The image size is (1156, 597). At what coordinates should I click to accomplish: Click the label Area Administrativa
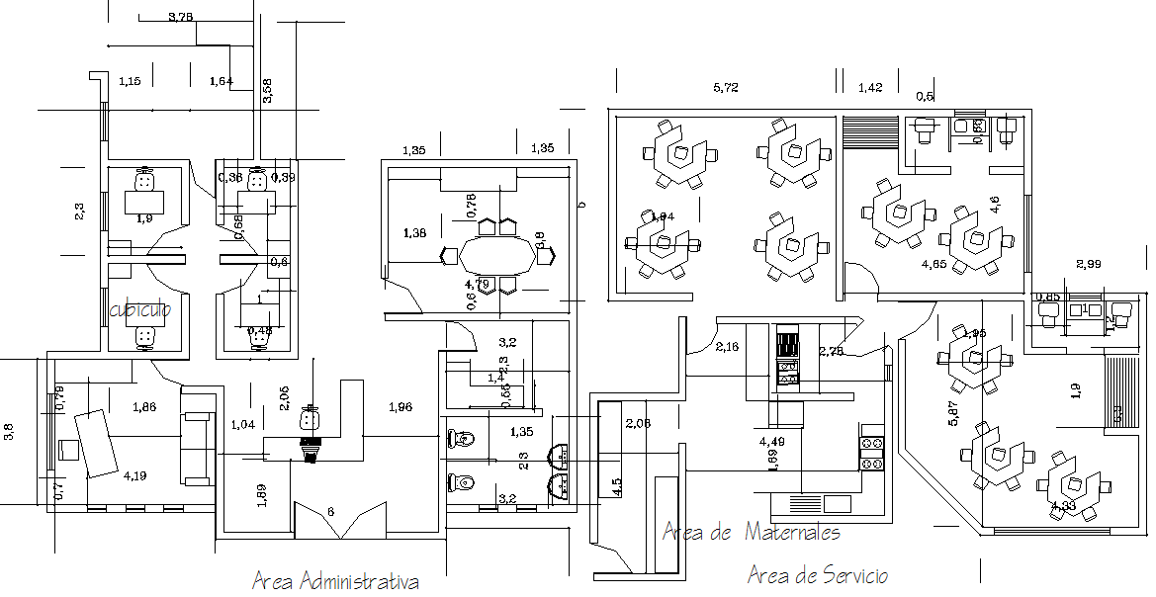(x=335, y=581)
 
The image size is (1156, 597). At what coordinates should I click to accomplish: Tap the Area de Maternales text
(x=752, y=533)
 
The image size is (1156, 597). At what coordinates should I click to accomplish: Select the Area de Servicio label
(x=818, y=575)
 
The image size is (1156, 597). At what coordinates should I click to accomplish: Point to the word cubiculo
(x=140, y=309)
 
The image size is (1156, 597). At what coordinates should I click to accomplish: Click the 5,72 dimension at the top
(x=726, y=88)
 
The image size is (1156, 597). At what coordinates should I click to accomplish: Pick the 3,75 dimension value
(x=180, y=17)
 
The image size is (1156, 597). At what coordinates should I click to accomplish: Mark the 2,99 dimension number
(x=1088, y=264)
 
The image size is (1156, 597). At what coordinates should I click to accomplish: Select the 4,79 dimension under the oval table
(x=478, y=285)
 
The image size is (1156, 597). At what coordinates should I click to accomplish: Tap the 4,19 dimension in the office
(x=134, y=476)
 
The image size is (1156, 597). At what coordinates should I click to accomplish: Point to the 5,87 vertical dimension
(x=953, y=411)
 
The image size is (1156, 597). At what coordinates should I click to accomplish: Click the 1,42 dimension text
(x=870, y=89)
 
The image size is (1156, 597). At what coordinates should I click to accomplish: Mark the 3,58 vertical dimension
(x=267, y=90)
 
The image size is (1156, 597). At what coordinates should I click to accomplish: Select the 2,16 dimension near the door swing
(x=727, y=347)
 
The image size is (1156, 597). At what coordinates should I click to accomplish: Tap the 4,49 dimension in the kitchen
(x=772, y=441)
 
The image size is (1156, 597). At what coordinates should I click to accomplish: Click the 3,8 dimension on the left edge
(x=10, y=431)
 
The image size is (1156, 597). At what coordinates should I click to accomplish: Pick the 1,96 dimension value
(x=400, y=406)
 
